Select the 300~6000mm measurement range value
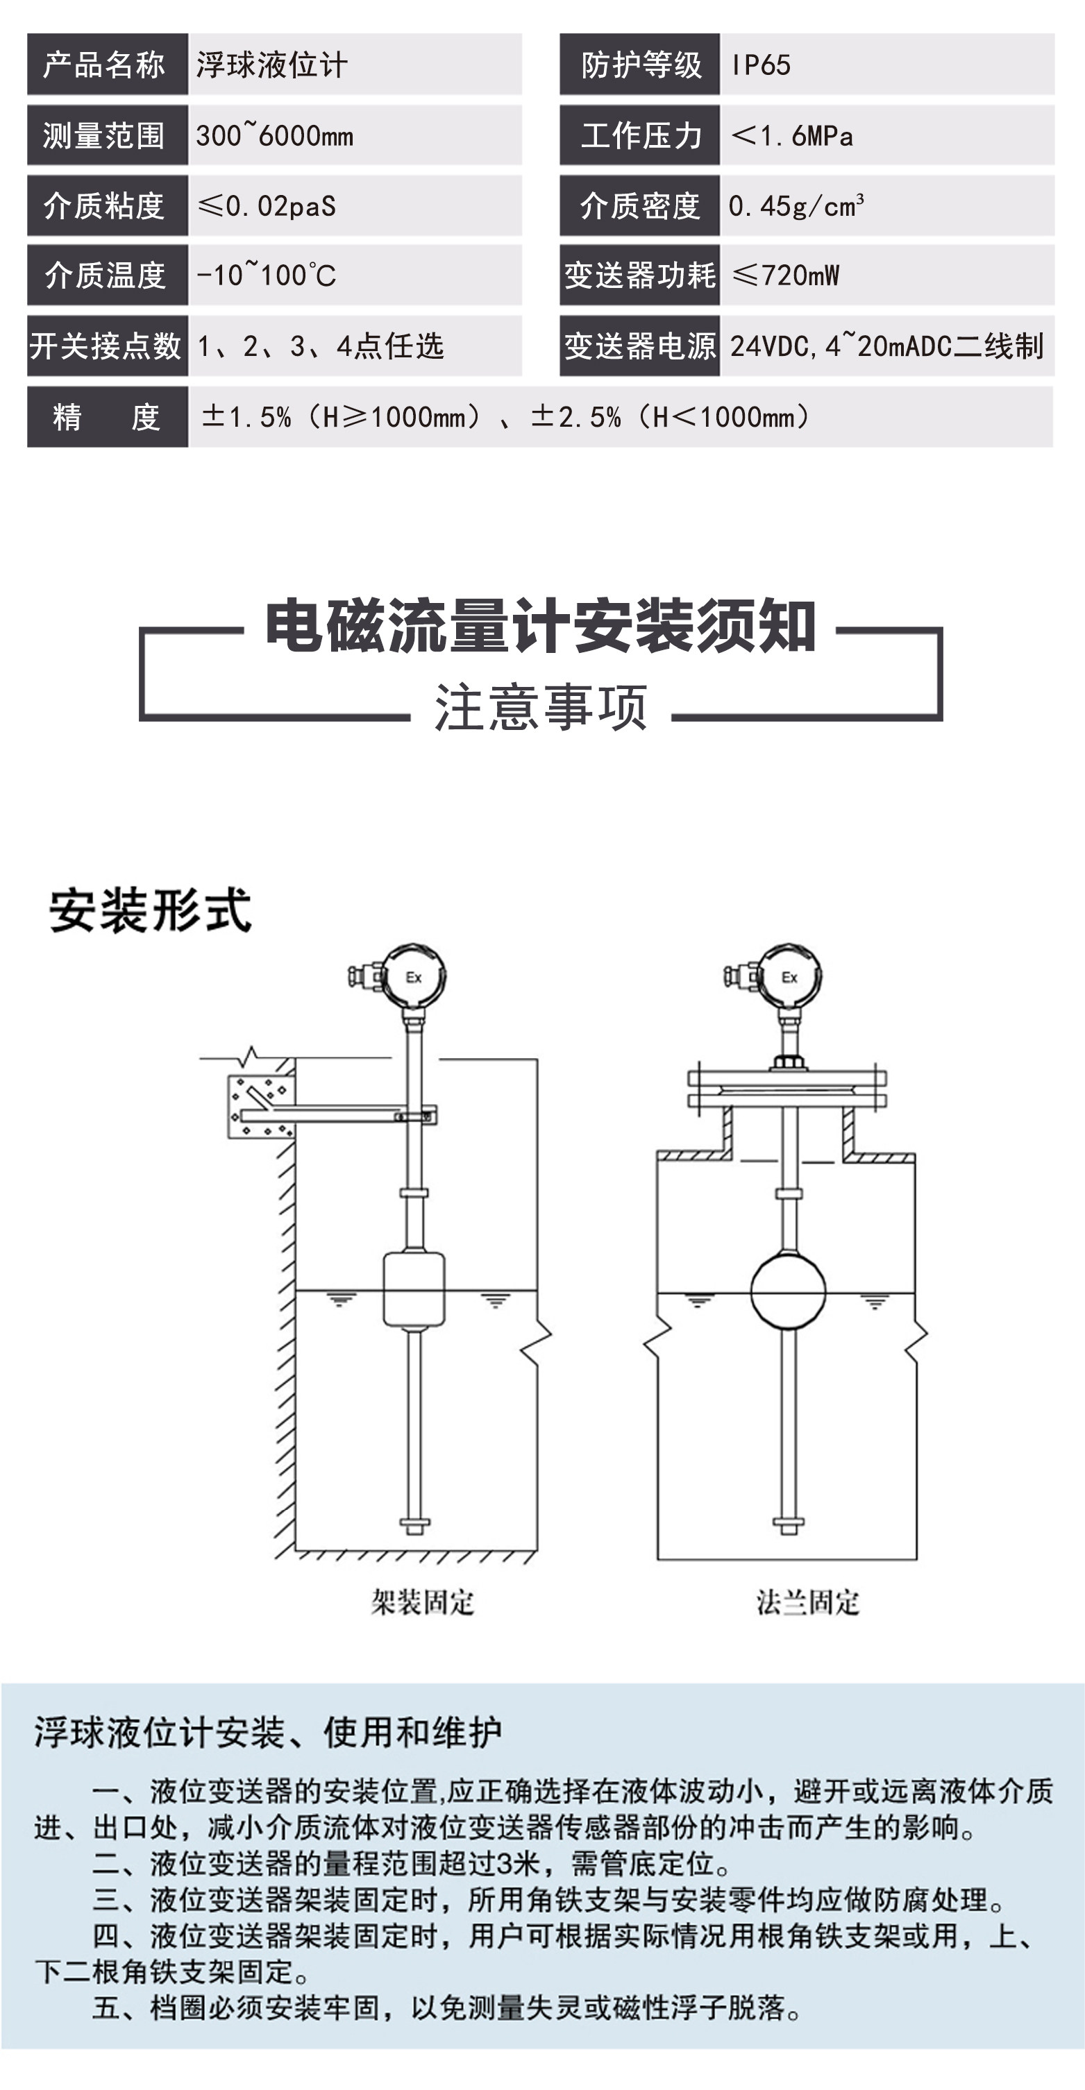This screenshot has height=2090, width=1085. click(274, 135)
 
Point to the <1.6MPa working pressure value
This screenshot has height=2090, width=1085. click(792, 135)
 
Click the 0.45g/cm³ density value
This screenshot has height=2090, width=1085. click(796, 206)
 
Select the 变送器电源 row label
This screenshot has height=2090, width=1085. click(639, 346)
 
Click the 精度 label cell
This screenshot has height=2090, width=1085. click(107, 417)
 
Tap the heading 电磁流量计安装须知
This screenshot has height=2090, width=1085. click(541, 627)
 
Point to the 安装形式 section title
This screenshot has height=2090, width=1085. click(150, 910)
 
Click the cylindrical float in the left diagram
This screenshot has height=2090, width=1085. click(414, 1289)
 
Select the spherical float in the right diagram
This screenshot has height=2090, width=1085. click(788, 1291)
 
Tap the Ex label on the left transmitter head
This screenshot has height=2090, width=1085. click(414, 978)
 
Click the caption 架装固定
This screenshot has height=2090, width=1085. click(423, 1603)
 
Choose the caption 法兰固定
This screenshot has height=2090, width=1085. click(807, 1603)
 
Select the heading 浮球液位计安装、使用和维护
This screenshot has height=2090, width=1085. click(268, 1732)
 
